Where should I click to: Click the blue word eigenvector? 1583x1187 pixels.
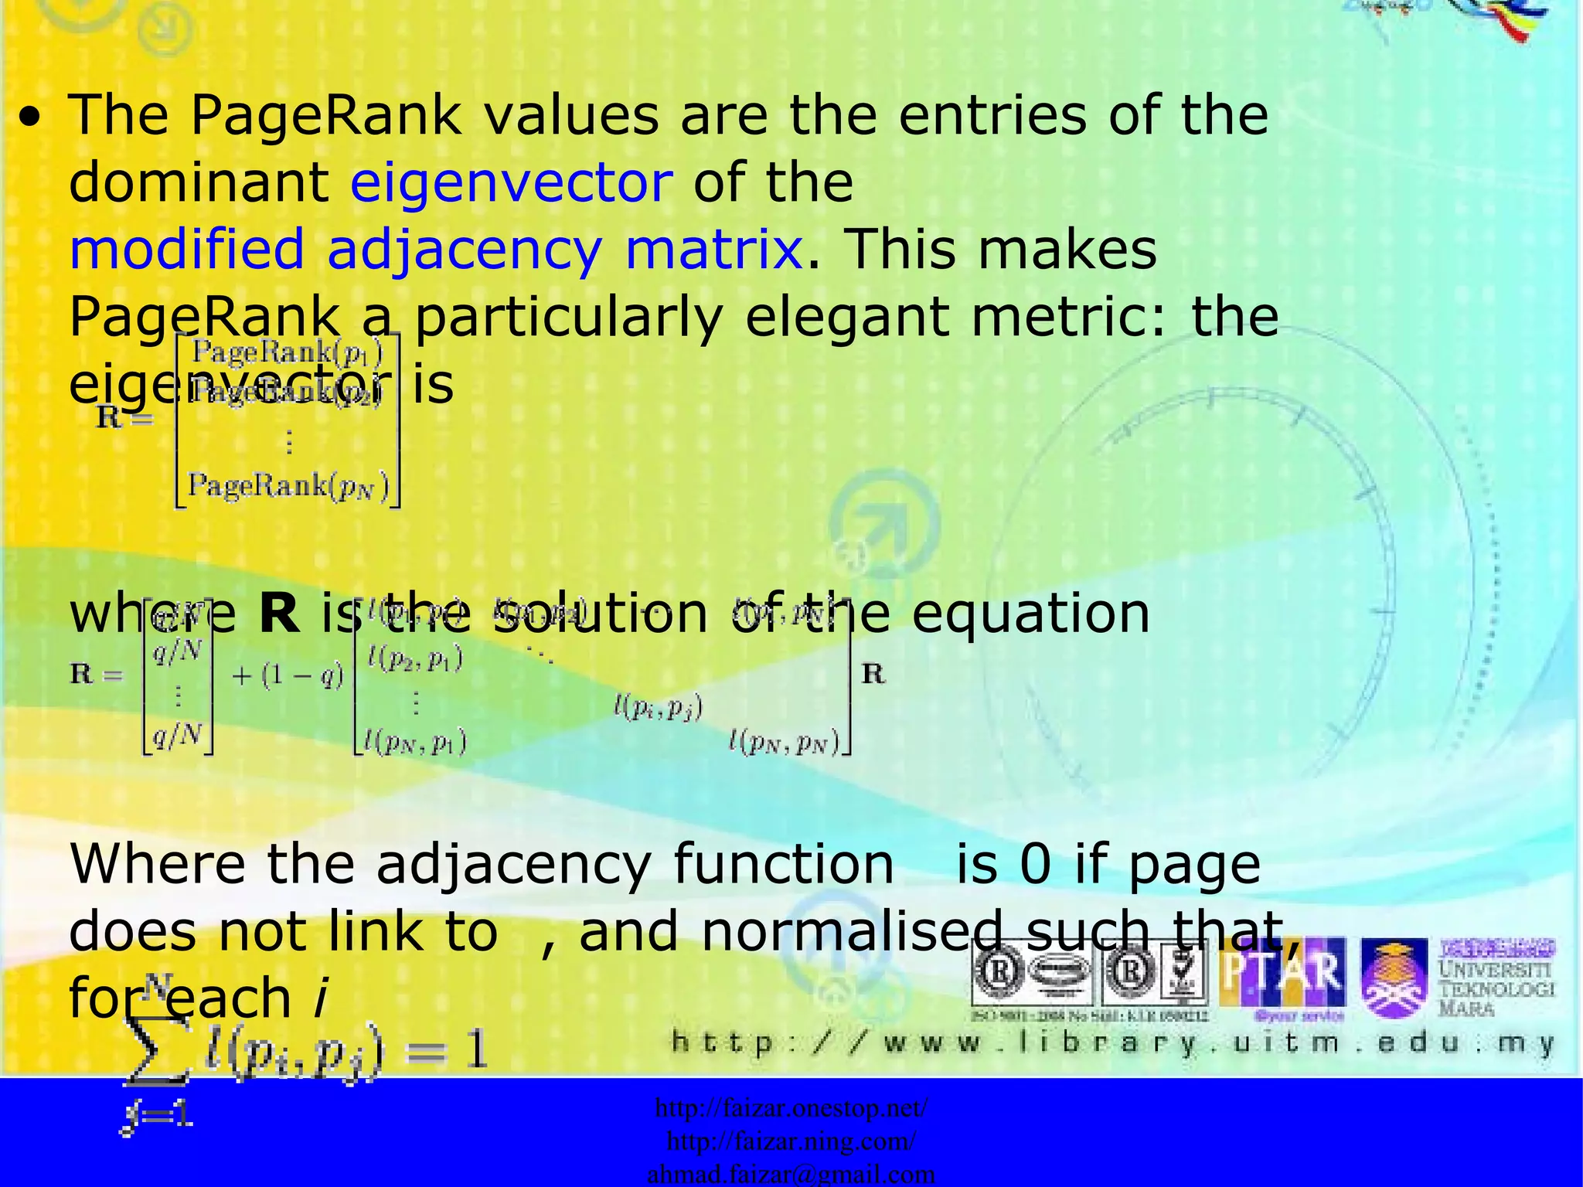(511, 182)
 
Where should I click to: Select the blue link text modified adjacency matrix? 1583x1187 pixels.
(436, 250)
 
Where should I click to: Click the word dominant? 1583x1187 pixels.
(199, 182)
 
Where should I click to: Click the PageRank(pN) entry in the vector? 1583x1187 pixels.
(289, 486)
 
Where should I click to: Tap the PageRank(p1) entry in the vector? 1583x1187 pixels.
(287, 352)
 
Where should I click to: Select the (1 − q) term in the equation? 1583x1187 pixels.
(288, 676)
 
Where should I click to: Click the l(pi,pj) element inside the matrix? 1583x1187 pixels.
(658, 707)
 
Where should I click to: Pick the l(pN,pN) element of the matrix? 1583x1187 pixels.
(783, 743)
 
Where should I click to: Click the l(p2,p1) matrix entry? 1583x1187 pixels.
(415, 659)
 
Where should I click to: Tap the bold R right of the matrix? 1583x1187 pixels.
(873, 674)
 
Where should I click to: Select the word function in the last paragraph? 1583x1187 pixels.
(783, 864)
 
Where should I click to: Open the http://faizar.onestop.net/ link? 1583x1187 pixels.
(791, 1108)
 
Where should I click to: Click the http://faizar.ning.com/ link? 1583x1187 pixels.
(791, 1141)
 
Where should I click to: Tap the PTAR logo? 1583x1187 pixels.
(1282, 975)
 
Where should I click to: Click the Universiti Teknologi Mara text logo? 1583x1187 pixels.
(1496, 978)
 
